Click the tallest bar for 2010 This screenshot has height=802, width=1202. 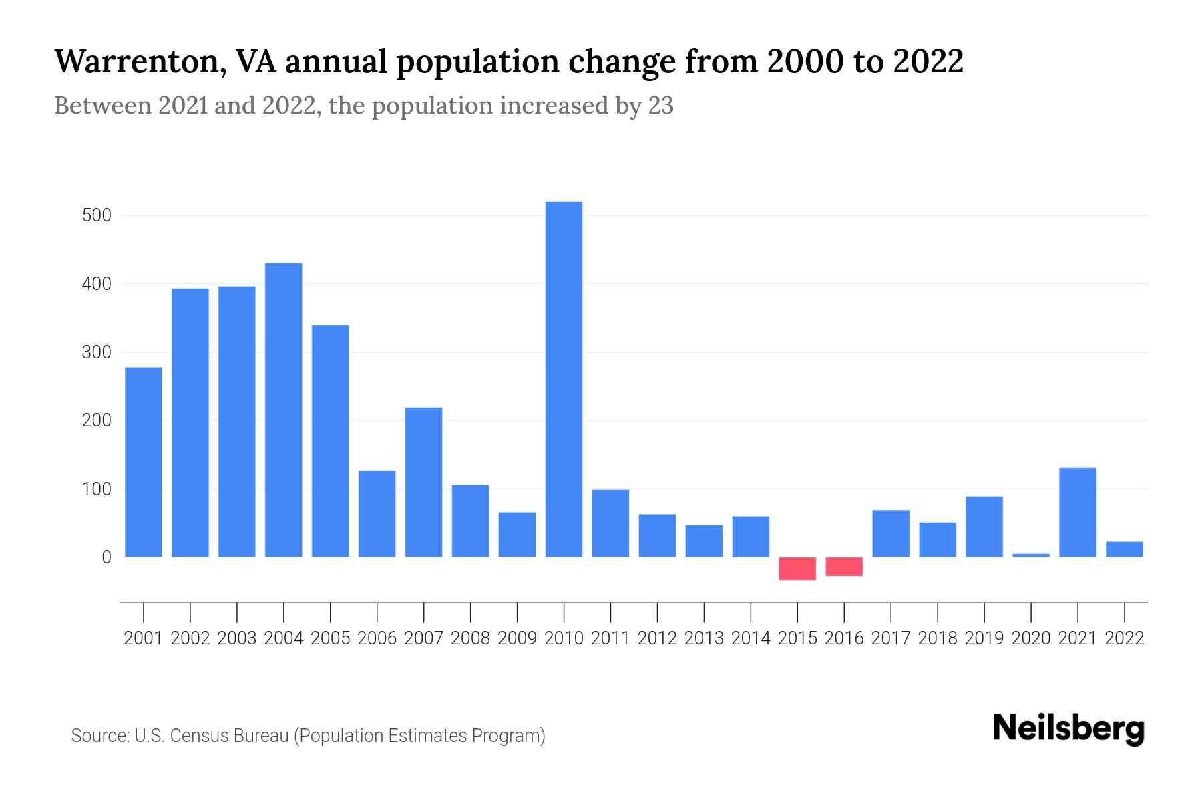point(564,379)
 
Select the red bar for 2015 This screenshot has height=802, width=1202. point(797,569)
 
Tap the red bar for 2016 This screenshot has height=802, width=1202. point(844,567)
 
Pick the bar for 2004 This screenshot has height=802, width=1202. point(283,410)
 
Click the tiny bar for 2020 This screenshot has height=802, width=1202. point(1031,555)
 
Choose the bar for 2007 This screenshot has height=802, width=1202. point(423,482)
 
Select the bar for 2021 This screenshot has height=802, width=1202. point(1078,512)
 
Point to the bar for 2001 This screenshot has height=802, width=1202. point(144,462)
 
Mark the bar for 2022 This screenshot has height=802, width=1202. point(1125,549)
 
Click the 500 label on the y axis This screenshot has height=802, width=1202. point(96,215)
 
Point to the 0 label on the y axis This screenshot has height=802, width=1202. point(106,557)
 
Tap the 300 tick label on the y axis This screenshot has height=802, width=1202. point(96,352)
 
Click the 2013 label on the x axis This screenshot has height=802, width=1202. point(704,638)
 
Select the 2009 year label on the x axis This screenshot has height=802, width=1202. point(517,638)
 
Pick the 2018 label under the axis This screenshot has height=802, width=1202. point(938,638)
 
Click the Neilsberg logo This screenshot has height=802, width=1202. point(1068,728)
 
